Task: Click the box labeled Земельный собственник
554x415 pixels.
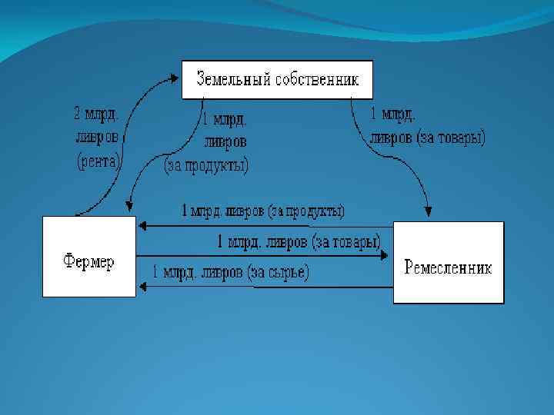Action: coord(277,79)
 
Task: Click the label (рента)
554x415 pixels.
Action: coord(98,161)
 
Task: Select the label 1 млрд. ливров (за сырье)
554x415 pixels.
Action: coord(231,273)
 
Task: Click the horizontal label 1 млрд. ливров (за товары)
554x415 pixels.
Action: coord(299,242)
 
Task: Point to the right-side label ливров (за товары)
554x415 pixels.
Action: coord(429,138)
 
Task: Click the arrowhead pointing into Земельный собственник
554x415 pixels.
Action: coord(178,75)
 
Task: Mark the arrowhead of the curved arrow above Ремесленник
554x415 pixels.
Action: coord(428,213)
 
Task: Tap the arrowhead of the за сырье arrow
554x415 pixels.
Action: coord(141,286)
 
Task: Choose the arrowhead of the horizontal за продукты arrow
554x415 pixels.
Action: coord(141,226)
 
